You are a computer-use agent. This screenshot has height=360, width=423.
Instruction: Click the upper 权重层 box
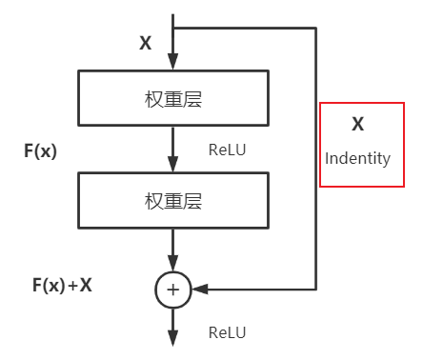pos(172,97)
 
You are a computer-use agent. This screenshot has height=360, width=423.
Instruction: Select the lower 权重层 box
pos(172,201)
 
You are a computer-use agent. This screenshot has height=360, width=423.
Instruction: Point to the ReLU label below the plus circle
pos(227,332)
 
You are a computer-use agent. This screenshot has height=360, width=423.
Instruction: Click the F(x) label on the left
pos(40,150)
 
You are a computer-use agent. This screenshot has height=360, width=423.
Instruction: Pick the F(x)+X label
pos(62,283)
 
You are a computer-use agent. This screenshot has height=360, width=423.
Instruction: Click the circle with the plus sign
pos(173,289)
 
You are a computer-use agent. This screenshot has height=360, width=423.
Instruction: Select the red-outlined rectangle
pos(357,144)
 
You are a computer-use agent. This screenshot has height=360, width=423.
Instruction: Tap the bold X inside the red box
pos(357,124)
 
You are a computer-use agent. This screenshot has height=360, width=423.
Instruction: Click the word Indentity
pos(357,158)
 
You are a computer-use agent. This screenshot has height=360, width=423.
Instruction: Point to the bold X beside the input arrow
pos(145,43)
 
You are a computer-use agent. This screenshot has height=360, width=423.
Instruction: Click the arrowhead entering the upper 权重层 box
pos(173,62)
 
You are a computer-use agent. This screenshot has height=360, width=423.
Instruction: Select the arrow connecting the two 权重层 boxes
pos(173,148)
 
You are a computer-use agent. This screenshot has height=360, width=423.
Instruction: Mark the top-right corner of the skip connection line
pos(315,28)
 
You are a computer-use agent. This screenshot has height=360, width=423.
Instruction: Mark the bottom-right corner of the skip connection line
pos(315,289)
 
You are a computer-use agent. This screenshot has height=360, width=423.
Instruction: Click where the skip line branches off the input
pos(173,28)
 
